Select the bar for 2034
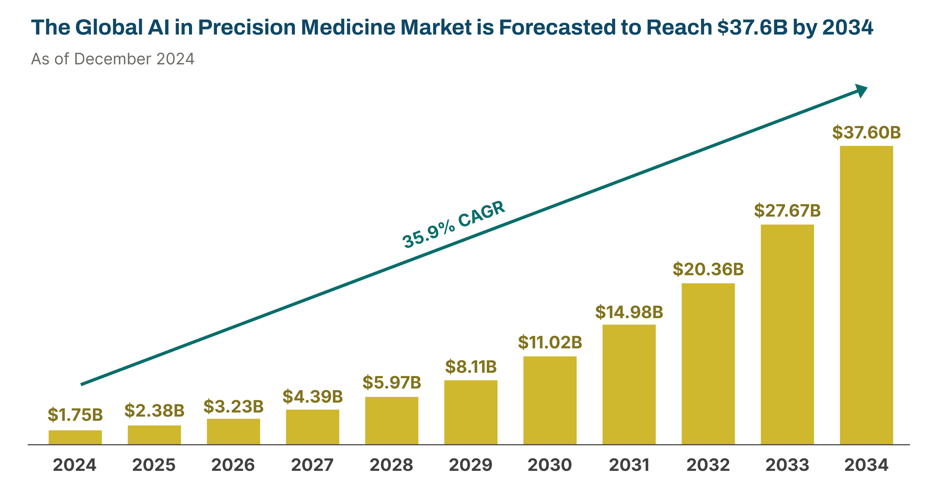(x=866, y=295)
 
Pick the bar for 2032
(x=708, y=363)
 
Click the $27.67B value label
(x=787, y=211)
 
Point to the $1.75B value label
(x=75, y=415)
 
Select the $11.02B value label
(x=550, y=342)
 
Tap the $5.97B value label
(x=392, y=382)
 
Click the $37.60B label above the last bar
(x=866, y=132)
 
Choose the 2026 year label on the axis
(x=233, y=465)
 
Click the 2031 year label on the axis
(x=629, y=465)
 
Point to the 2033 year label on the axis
(x=787, y=465)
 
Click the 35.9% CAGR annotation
(x=453, y=224)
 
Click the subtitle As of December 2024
(x=113, y=59)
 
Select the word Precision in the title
(x=247, y=27)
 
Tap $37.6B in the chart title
(x=752, y=27)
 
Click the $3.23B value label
(x=233, y=406)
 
